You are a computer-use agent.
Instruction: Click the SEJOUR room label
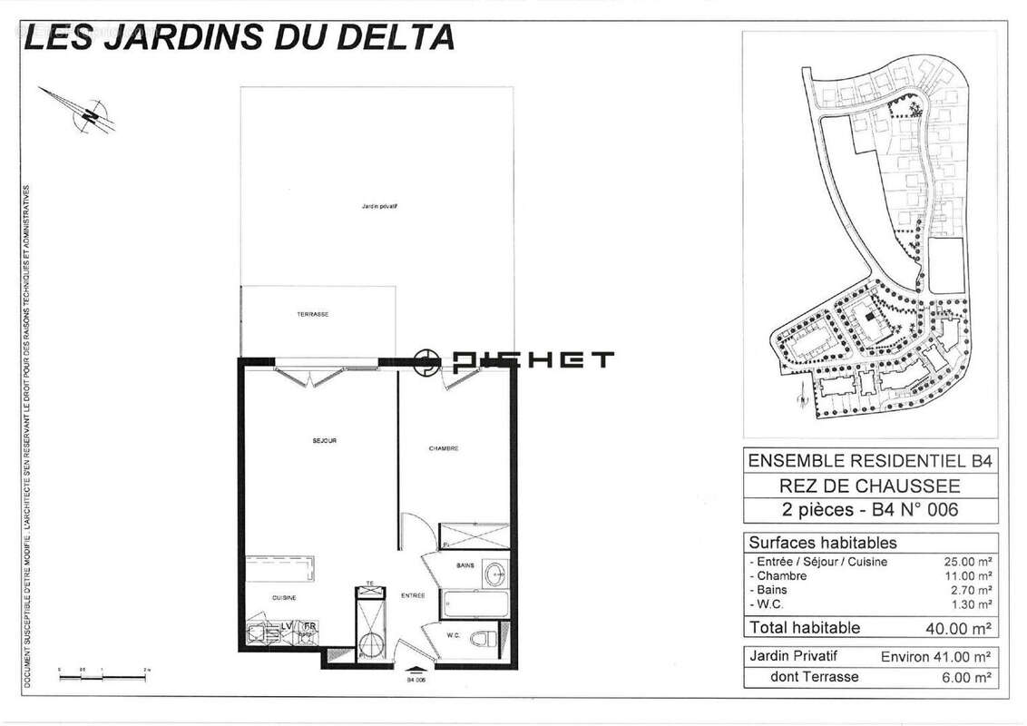point(324,441)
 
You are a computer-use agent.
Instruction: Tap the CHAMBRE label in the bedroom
point(444,448)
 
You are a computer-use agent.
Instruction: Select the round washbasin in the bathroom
point(494,574)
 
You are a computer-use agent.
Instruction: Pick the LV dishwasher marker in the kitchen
point(286,626)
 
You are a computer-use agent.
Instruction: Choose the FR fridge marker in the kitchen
point(309,626)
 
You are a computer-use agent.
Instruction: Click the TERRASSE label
point(312,315)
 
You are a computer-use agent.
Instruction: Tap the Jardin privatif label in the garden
point(380,207)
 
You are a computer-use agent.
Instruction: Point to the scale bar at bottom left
point(103,667)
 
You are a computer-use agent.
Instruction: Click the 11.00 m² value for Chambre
point(968,575)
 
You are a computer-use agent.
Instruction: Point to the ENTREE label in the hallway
point(414,595)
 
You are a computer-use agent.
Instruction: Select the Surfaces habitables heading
point(823,543)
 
